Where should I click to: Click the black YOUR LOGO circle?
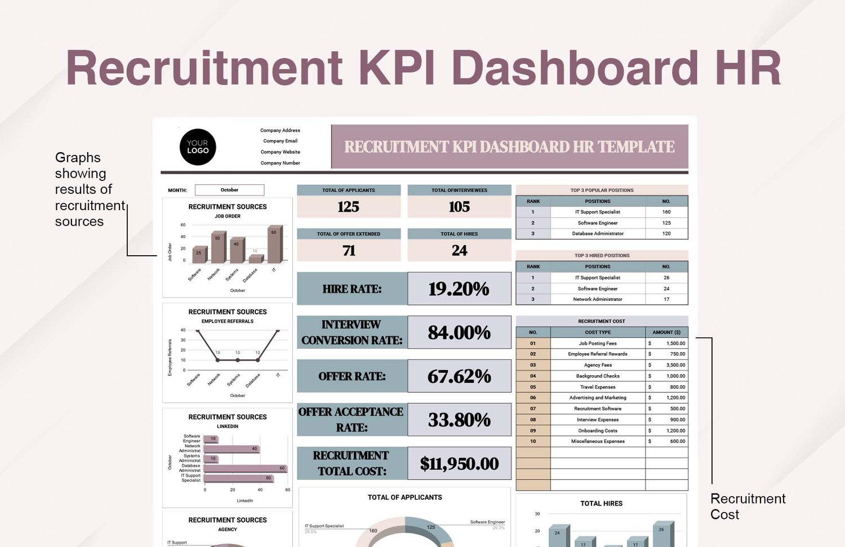point(198,147)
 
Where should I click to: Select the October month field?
point(229,190)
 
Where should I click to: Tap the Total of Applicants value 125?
point(348,207)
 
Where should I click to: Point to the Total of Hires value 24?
point(459,250)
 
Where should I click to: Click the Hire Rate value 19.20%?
point(459,289)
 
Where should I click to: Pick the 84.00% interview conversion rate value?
point(459,332)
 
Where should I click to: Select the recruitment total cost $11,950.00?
point(459,464)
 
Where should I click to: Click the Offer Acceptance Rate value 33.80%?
point(459,420)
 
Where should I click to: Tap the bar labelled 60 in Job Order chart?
point(274,244)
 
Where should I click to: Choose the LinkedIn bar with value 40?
point(231,449)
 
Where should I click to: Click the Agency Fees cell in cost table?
point(598,365)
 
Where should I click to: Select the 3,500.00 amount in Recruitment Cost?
point(675,365)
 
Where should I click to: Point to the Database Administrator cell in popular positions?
point(598,234)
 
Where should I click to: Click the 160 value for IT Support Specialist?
point(666,212)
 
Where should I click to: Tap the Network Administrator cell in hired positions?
point(598,300)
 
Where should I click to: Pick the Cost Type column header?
point(598,332)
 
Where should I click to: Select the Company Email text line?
point(280,141)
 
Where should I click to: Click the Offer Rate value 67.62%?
point(459,376)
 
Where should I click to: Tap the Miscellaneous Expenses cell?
point(598,442)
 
